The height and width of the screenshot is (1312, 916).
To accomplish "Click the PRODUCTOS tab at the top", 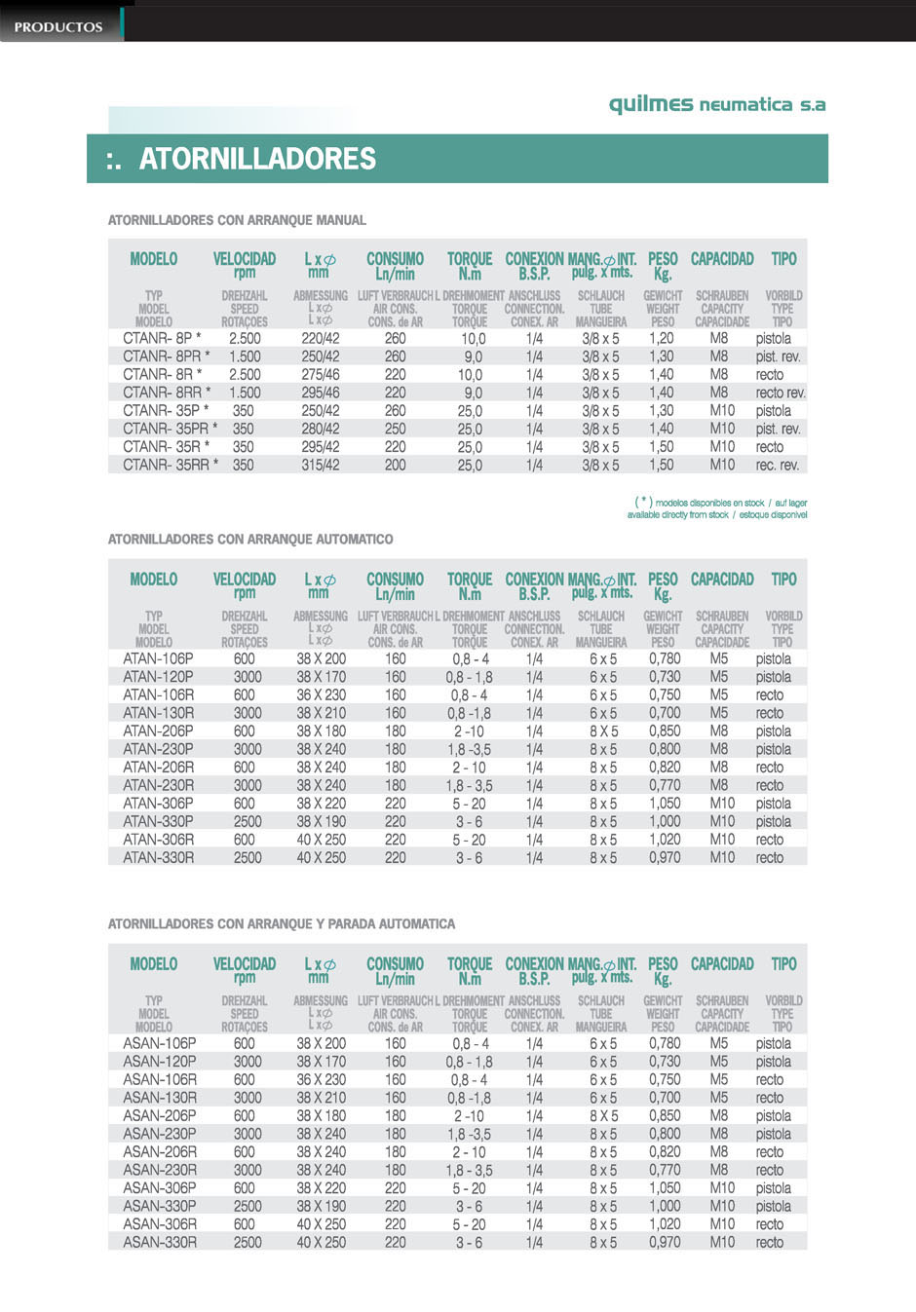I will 58,26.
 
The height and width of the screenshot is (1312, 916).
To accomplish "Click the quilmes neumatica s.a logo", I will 716,104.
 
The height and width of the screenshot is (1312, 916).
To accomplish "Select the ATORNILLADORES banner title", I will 256,159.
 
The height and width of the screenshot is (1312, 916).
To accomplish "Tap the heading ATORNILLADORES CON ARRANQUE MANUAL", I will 237,220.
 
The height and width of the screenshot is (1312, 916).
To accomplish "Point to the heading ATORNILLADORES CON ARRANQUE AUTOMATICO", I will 250,539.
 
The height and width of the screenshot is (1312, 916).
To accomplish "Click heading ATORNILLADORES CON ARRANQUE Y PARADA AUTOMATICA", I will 282,923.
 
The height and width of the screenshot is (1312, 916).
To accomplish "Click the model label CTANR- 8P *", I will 162,338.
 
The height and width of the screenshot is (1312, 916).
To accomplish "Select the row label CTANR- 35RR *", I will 171,465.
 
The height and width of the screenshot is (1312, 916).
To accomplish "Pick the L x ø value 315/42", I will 321,466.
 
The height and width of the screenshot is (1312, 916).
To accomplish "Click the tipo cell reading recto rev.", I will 781,393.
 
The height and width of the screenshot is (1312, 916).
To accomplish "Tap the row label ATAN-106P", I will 158,658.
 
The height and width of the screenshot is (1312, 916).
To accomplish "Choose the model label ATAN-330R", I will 158,857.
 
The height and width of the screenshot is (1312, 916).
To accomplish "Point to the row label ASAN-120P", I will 159,1062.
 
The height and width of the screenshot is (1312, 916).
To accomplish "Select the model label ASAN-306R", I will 159,1224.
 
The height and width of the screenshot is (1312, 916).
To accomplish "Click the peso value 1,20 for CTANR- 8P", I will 661,338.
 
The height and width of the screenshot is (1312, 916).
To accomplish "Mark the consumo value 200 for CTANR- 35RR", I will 395,466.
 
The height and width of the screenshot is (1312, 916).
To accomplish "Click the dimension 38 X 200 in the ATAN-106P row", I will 321,658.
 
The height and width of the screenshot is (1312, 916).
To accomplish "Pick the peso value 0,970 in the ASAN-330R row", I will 665,1243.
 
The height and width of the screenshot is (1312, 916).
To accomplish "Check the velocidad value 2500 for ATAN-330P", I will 248,821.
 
